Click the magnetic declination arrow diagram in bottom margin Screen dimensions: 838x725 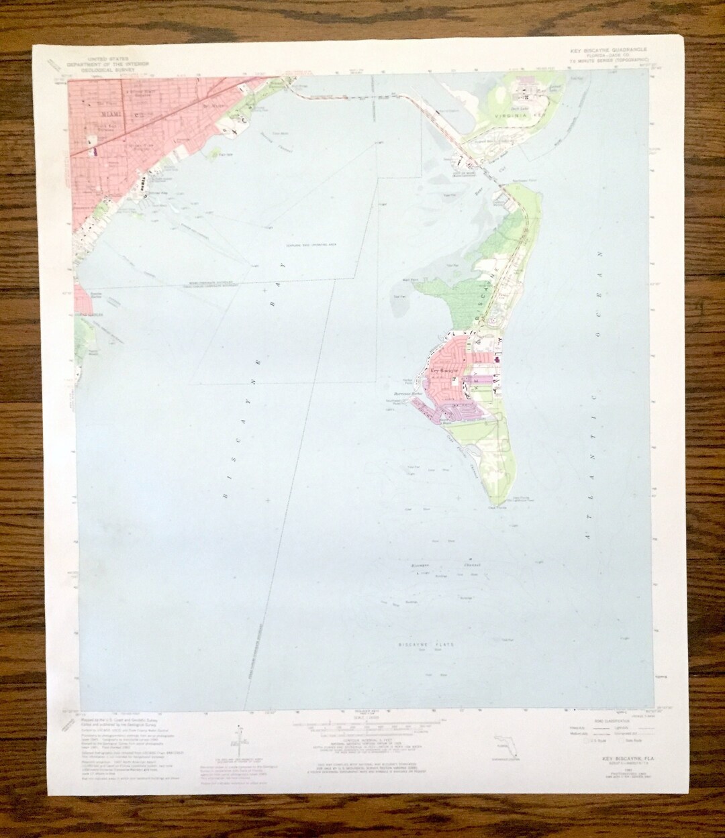click(x=239, y=745)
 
